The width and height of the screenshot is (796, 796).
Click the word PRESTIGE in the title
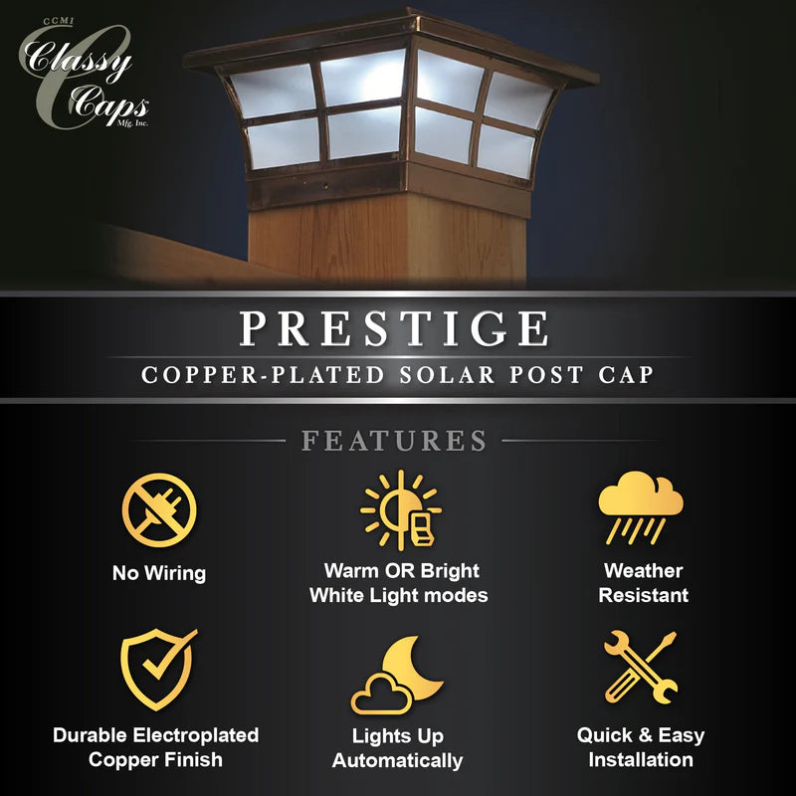(394, 329)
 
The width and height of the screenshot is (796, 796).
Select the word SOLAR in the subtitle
(447, 375)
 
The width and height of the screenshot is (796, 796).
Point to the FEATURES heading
(394, 440)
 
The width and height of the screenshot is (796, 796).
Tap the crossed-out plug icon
(159, 510)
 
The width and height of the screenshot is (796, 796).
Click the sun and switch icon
(401, 510)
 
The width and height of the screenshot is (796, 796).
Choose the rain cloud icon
(641, 508)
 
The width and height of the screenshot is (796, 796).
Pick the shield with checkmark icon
(158, 669)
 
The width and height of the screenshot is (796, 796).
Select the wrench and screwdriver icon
(641, 668)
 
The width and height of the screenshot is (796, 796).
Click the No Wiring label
(159, 573)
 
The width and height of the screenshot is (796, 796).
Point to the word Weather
(643, 571)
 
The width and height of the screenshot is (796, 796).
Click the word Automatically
(397, 760)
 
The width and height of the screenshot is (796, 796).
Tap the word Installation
(641, 760)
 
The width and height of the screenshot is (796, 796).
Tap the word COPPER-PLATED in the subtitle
(263, 375)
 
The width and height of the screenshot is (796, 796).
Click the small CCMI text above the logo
(59, 21)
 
